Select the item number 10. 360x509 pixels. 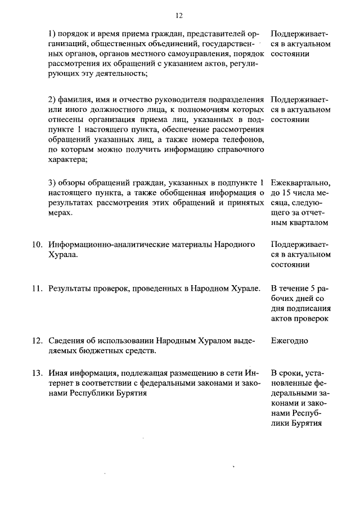(x=36, y=244)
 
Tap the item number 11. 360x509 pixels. (x=36, y=289)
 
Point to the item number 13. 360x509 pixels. (x=36, y=373)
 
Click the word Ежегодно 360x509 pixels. (x=289, y=341)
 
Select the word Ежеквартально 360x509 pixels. (x=300, y=183)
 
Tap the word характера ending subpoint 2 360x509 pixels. (x=67, y=160)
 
